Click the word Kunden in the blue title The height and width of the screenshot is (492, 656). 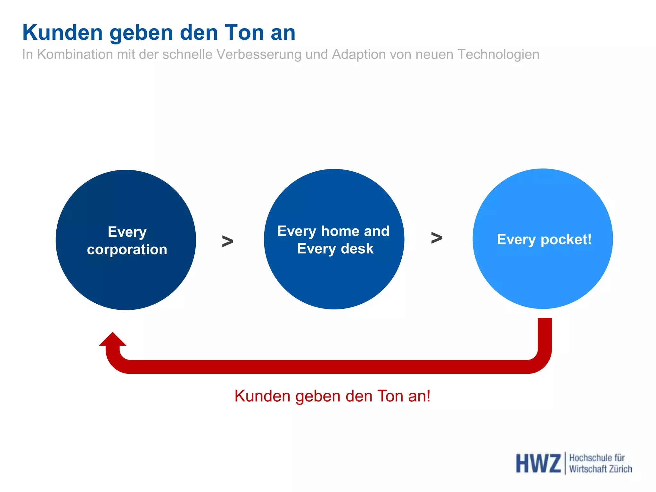point(62,33)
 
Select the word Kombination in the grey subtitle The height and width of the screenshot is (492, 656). point(75,54)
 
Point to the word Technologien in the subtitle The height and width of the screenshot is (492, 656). point(498,54)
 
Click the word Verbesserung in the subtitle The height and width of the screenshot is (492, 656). point(259,54)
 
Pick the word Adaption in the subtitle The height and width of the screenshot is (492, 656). point(356,54)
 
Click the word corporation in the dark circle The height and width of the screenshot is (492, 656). point(127,250)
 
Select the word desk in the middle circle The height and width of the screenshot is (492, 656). point(357,249)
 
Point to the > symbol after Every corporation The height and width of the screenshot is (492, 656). point(227,241)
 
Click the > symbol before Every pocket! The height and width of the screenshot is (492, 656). point(437,238)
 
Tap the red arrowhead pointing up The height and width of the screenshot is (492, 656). point(112,340)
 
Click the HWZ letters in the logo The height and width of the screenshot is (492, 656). point(538,463)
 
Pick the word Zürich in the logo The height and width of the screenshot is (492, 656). point(620,469)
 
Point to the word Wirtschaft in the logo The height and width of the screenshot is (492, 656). point(587,469)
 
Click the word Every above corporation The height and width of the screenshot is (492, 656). point(127,232)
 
